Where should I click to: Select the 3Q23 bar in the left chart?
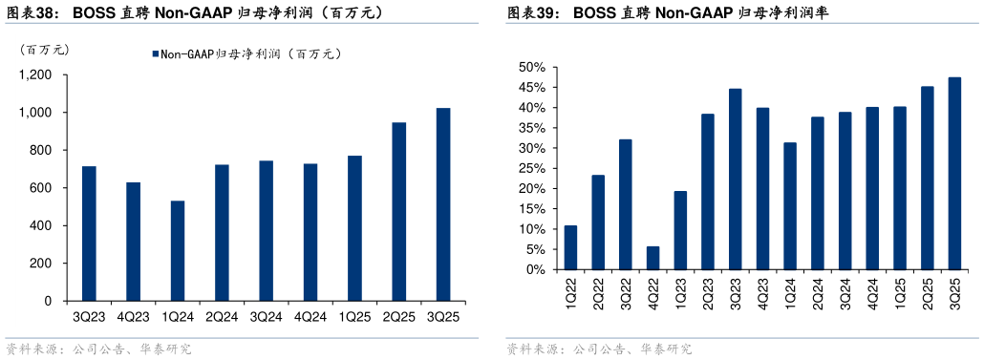[x=89, y=234]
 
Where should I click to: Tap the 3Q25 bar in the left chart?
[x=443, y=204]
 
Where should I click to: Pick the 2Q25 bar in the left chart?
[x=398, y=212]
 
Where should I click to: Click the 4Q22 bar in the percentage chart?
[x=652, y=258]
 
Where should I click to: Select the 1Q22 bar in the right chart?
[x=570, y=247]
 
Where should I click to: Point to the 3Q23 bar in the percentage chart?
[x=736, y=180]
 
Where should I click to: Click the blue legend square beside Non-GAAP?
[x=154, y=54]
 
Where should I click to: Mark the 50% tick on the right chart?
[x=532, y=68]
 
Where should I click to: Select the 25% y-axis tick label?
[x=532, y=169]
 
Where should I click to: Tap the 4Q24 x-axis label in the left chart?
[x=310, y=316]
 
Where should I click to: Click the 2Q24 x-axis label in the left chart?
[x=222, y=316]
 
